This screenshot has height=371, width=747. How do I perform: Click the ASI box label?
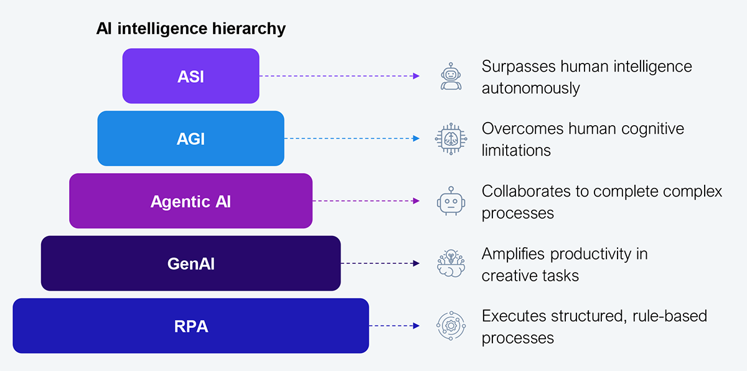190,77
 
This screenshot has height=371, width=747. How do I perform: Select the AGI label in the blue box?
190,139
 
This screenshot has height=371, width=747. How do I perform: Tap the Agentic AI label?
190,201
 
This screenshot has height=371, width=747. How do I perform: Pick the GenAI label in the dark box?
190,264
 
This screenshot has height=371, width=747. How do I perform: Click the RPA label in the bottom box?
191,326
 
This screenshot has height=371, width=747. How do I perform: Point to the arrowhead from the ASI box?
416,76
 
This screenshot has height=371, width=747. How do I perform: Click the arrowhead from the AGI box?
416,138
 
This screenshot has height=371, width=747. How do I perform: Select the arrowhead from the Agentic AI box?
416,200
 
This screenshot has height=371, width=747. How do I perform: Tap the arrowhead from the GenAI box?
416,263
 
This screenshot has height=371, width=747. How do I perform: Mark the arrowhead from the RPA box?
416,326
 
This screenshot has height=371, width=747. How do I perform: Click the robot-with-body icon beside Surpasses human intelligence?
451,76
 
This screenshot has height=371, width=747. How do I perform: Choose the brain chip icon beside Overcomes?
451,139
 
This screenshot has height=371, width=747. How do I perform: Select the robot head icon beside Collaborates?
451,201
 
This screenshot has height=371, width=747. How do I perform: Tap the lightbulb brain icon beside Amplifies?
451,263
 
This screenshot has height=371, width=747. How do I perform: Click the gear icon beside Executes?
451,326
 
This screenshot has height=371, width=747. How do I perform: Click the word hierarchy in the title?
249,29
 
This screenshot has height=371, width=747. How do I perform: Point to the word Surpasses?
519,67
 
